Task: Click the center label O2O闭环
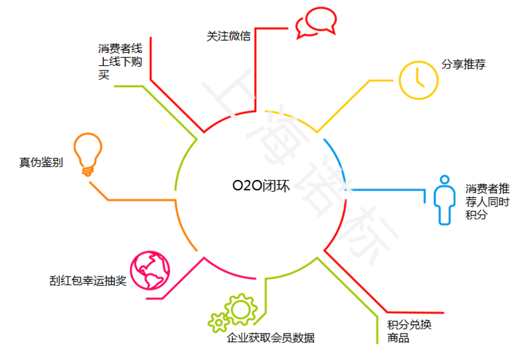coord(261,185)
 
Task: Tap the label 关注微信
coord(228,36)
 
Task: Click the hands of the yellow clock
coord(418,78)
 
